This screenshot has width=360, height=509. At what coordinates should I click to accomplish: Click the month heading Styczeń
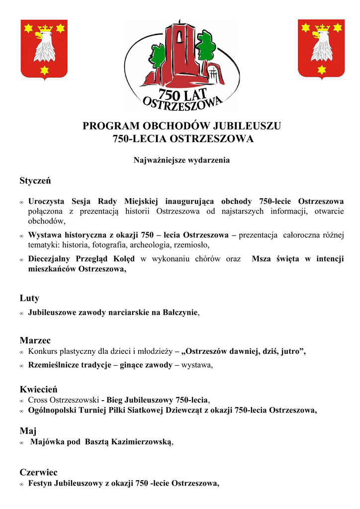(35, 181)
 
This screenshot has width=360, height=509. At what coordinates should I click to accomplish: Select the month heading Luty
(29, 298)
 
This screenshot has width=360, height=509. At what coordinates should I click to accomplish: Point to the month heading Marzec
(35, 340)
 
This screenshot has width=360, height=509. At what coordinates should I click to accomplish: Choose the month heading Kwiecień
(38, 389)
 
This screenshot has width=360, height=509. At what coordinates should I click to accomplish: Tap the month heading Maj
(28, 431)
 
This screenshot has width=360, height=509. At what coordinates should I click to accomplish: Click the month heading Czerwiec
(39, 472)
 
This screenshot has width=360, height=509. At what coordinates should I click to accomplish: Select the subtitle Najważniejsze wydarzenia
(181, 160)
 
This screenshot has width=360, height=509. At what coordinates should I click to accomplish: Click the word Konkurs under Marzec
(43, 352)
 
